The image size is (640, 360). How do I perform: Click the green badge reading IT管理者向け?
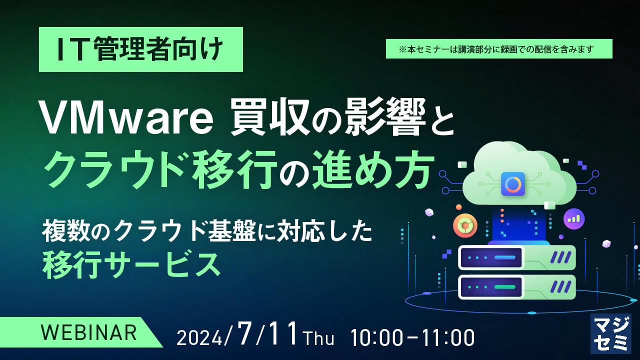(x=140, y=50)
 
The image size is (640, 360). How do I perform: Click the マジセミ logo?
(x=610, y=334)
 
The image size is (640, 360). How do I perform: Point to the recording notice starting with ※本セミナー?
(x=498, y=49)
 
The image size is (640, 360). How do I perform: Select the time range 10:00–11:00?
(x=412, y=337)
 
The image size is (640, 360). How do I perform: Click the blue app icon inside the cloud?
(x=513, y=184)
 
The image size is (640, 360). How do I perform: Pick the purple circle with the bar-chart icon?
(x=573, y=218)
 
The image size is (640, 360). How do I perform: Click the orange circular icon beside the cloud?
(x=465, y=225)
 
